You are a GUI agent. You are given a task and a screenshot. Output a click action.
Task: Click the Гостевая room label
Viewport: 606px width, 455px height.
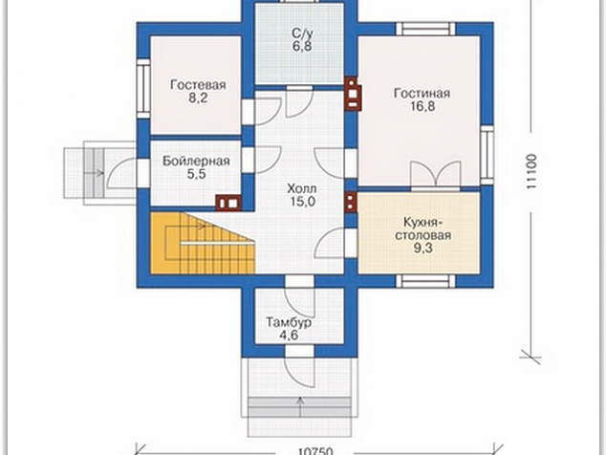198,85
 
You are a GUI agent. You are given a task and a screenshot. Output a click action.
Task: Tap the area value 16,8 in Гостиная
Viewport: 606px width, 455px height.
422,106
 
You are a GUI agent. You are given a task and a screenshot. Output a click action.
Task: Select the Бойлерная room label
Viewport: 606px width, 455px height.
196,161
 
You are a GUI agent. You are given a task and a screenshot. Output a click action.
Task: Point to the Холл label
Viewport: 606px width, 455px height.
302,188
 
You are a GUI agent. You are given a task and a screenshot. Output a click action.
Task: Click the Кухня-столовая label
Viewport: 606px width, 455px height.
422,228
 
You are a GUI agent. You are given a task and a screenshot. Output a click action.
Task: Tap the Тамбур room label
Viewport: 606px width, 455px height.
289,322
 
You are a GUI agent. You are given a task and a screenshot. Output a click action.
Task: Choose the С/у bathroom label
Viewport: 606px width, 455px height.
303,32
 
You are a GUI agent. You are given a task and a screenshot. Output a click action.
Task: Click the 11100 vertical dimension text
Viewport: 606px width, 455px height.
532,171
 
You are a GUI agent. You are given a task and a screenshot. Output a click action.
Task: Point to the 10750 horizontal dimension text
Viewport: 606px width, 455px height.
315,451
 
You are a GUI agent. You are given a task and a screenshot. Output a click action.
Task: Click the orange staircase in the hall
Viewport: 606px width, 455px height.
202,243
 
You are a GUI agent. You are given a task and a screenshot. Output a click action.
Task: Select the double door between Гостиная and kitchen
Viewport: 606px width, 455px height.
436,176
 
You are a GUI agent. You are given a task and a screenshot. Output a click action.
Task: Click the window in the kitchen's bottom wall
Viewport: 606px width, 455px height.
425,281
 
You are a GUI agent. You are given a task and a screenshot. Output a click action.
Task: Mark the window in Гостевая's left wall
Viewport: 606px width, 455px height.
143,89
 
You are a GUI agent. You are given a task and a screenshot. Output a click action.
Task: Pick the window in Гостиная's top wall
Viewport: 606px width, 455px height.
425,29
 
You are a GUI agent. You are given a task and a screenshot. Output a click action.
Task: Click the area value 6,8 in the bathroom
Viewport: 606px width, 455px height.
302,47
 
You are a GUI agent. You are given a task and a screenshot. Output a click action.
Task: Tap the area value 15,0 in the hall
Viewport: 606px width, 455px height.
302,202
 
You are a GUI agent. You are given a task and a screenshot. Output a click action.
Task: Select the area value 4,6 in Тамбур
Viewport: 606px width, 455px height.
289,336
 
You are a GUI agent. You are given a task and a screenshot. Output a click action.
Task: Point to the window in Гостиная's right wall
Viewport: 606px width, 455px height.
487,155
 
